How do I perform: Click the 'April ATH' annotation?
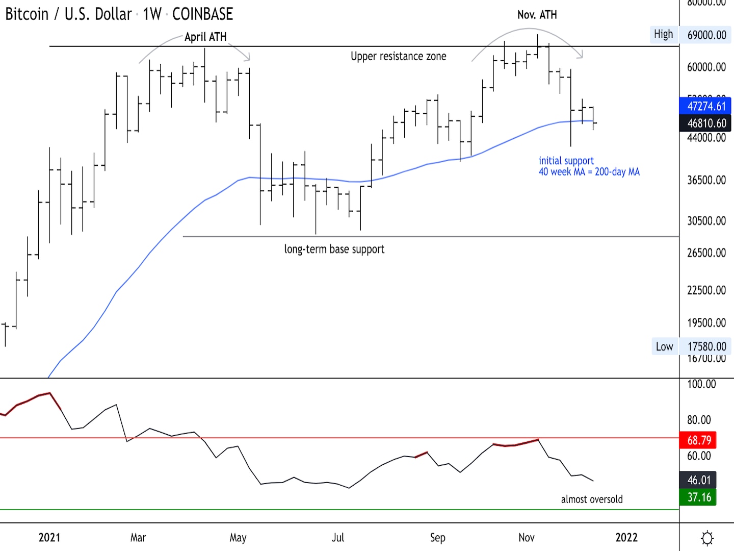coord(205,37)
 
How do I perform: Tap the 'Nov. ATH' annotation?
coord(537,15)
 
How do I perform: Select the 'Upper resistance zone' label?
coord(398,56)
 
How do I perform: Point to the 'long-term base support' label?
coord(334,249)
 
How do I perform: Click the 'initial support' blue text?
coord(566,161)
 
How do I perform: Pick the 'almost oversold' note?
coord(591,499)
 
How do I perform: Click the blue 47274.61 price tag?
coord(706,106)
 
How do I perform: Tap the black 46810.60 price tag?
coord(706,123)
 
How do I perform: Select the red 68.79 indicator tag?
coord(698,440)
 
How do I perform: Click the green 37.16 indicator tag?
coord(698,497)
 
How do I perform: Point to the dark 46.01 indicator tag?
coord(698,480)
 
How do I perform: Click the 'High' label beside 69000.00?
coord(663,34)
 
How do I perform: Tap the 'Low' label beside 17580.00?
coord(664,346)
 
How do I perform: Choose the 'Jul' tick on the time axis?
coord(338,537)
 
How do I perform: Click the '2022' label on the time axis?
coord(626,537)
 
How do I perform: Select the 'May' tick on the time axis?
coord(238,537)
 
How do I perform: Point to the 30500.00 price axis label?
coord(706,221)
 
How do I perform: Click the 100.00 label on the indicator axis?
coord(701,384)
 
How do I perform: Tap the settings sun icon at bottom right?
coord(707,538)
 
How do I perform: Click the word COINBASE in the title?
coord(202,14)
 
